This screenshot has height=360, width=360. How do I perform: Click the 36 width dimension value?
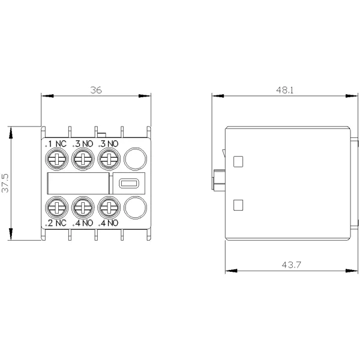[x=96, y=90]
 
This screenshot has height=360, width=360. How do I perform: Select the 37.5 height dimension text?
[x=5, y=183]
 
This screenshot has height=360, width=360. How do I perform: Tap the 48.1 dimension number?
[x=284, y=90]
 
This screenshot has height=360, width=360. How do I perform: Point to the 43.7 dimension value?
[x=291, y=265]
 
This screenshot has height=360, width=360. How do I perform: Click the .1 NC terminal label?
[x=56, y=144]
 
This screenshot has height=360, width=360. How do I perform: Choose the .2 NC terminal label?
[x=56, y=223]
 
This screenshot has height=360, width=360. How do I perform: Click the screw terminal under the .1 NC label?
[x=57, y=159]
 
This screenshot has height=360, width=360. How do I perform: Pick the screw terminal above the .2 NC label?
[x=57, y=208]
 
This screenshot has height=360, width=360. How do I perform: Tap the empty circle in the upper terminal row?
[x=135, y=159]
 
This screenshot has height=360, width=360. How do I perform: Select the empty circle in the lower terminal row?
[x=135, y=208]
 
